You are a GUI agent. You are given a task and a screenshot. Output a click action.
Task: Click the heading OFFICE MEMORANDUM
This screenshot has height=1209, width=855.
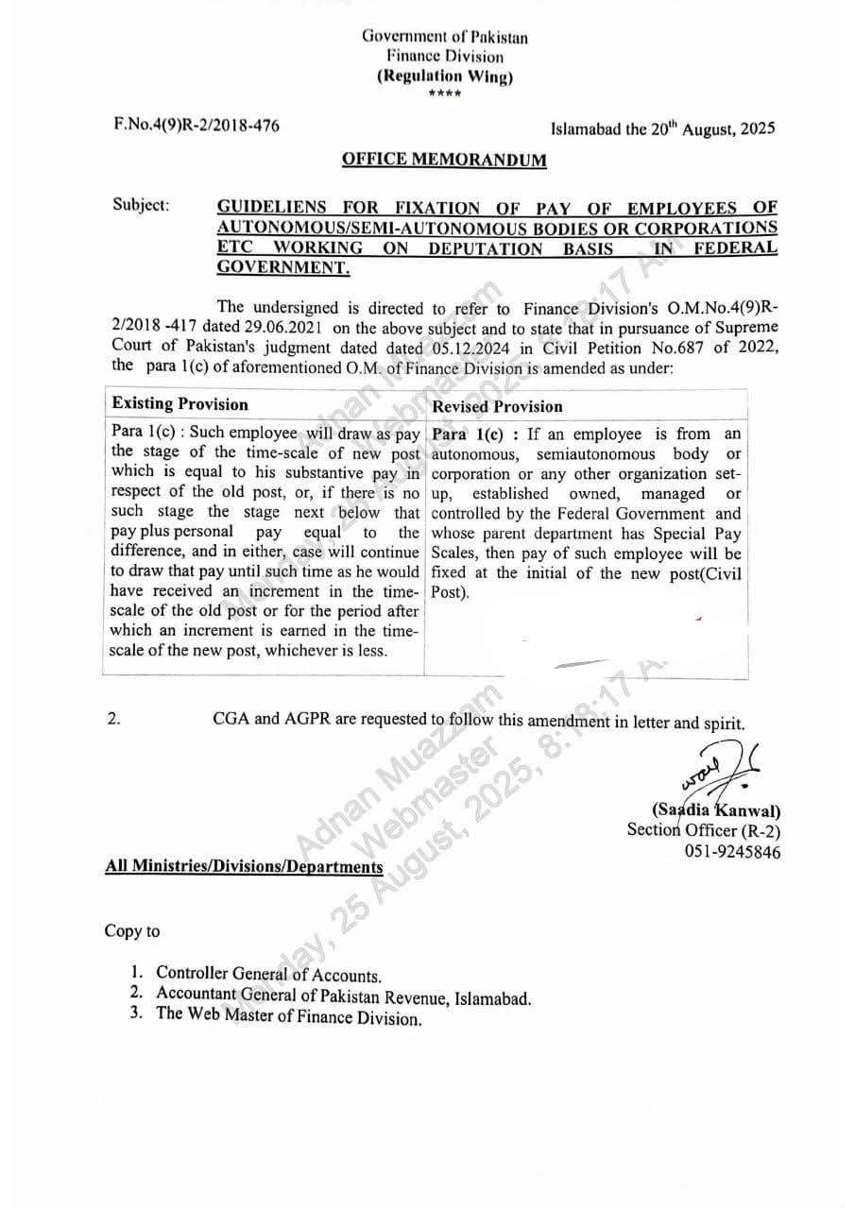pyautogui.click(x=444, y=160)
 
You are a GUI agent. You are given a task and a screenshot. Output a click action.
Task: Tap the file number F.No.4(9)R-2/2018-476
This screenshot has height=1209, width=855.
pyautogui.click(x=196, y=124)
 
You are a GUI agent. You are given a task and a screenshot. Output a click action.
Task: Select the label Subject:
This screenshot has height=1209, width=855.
pyautogui.click(x=141, y=205)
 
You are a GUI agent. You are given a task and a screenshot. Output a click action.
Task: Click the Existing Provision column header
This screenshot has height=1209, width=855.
pyautogui.click(x=180, y=404)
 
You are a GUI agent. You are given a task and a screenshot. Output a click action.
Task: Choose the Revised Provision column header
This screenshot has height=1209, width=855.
pyautogui.click(x=497, y=406)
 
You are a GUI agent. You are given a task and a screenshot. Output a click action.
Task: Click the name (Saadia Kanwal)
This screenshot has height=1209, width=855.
pyautogui.click(x=716, y=810)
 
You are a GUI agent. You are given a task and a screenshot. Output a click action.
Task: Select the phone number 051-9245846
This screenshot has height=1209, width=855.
pyautogui.click(x=733, y=851)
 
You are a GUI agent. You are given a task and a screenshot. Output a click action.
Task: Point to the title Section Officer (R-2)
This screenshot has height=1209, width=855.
pyautogui.click(x=704, y=830)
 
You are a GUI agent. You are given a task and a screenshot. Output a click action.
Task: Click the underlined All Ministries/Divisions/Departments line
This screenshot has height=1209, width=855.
pyautogui.click(x=244, y=865)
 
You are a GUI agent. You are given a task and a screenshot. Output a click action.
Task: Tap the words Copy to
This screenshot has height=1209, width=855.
pyautogui.click(x=132, y=931)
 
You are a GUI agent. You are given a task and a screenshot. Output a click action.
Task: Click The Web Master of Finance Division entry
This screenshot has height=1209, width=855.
pyautogui.click(x=288, y=1017)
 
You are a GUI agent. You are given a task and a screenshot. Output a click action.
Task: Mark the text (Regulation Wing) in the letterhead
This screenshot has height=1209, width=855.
pyautogui.click(x=444, y=77)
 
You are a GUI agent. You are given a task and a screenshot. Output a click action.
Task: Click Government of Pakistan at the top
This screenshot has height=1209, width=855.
pyautogui.click(x=444, y=38)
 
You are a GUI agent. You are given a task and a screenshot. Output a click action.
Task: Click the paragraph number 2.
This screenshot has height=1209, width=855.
pyautogui.click(x=113, y=719)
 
